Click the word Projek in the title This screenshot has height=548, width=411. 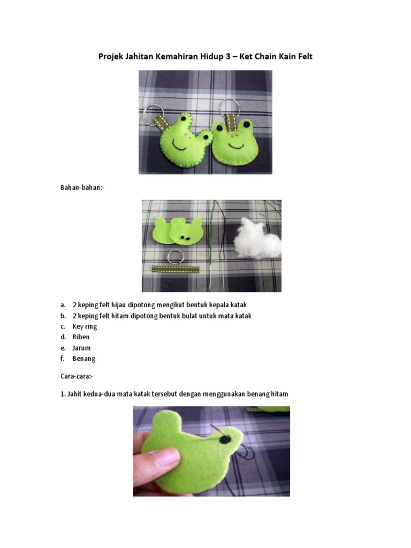[111, 56]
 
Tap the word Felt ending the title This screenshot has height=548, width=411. [303, 56]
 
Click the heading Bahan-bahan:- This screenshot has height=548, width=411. [81, 188]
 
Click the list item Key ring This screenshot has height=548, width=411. [85, 326]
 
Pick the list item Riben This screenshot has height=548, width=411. [81, 337]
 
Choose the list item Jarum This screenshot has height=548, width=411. [81, 348]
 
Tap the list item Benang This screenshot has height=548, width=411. [83, 359]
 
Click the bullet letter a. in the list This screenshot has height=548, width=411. [63, 305]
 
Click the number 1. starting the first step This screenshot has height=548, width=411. [63, 394]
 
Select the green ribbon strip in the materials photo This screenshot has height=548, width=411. [176, 269]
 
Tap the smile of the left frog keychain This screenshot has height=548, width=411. [181, 146]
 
